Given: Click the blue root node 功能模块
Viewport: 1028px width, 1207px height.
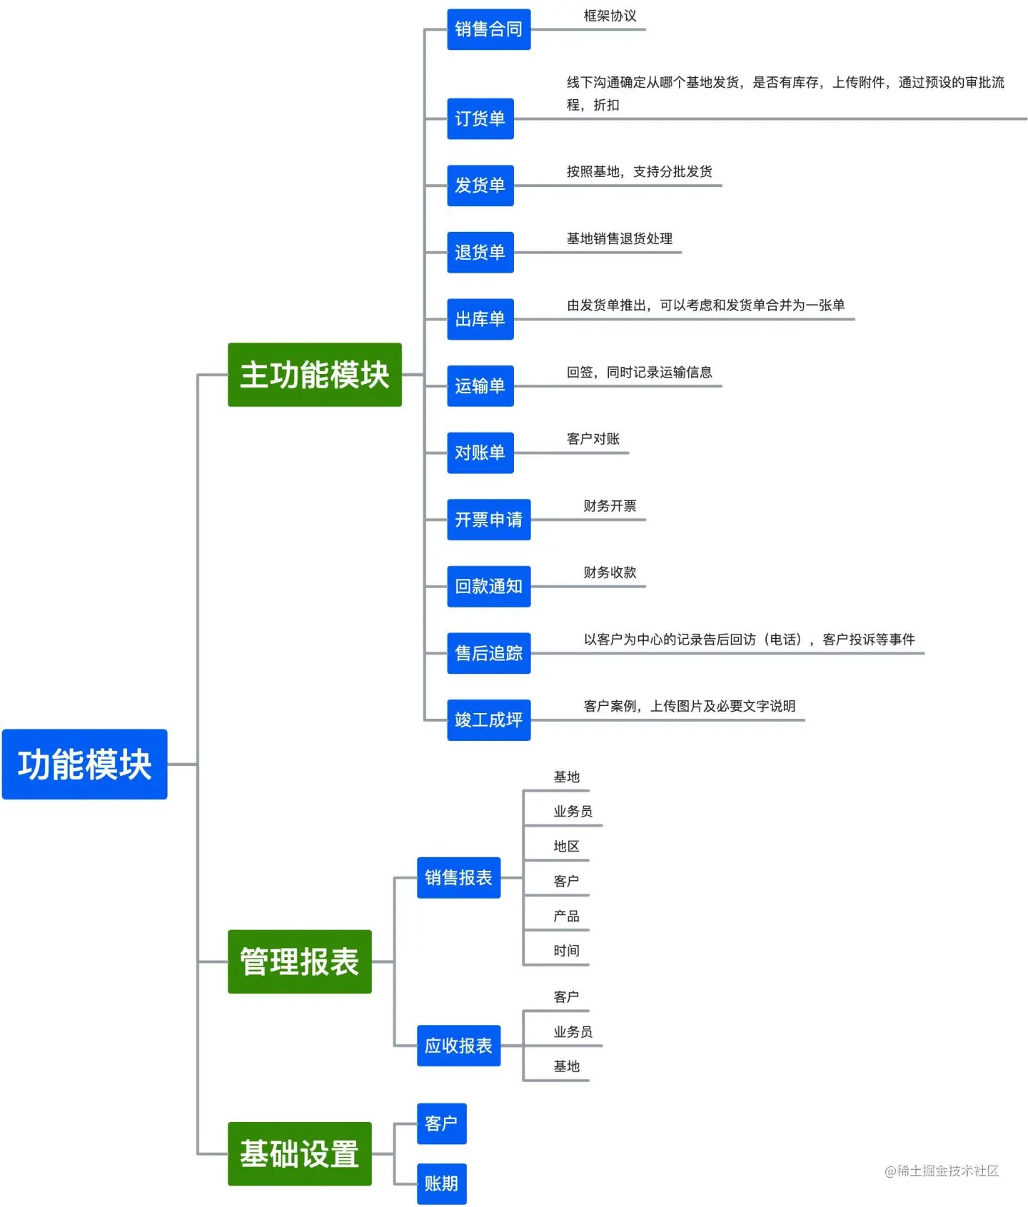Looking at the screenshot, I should point(84,764).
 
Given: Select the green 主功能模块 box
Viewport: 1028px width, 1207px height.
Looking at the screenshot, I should point(314,375).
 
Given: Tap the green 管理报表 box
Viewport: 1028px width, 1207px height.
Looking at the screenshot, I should point(299,961).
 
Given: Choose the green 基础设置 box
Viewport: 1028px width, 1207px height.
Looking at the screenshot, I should point(299,1153).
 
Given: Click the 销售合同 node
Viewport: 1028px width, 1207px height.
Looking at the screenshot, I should point(488,29).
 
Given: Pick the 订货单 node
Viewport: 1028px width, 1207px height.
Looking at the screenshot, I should point(480,118).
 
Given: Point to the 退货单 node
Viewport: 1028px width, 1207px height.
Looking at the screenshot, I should point(480,252).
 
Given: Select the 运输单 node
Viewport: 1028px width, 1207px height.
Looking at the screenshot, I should point(480,386).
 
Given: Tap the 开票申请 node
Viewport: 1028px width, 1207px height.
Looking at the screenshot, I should point(488,520).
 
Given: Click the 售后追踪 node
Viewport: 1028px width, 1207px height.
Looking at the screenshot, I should point(488,653).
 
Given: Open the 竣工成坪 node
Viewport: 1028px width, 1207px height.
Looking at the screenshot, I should point(488,720).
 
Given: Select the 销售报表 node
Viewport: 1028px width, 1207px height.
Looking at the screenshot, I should point(458,877).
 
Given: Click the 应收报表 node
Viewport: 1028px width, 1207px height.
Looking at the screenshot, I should point(458,1046).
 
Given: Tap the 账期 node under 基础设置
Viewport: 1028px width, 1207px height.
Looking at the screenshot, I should point(441,1183).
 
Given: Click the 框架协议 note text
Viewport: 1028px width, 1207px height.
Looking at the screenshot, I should point(610,16).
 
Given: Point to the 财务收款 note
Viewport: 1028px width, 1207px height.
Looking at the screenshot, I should point(610,572).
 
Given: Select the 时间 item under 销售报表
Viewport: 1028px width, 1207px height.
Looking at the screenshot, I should point(566,951).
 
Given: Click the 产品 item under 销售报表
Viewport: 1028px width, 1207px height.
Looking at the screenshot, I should point(566,916).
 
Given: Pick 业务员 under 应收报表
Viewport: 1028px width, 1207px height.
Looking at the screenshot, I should point(573,1032).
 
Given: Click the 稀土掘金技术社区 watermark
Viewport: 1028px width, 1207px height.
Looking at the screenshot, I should point(942,1171).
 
